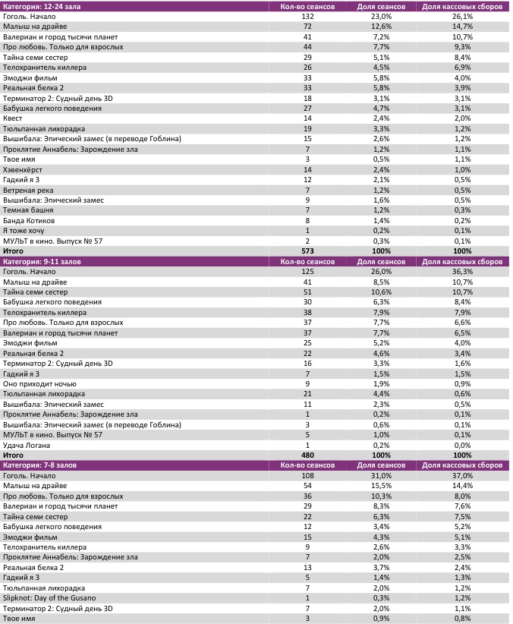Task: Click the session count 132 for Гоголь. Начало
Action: coord(307,16)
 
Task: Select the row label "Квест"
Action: coord(13,118)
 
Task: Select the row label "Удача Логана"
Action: coord(27,444)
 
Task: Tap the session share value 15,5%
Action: coord(381,485)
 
